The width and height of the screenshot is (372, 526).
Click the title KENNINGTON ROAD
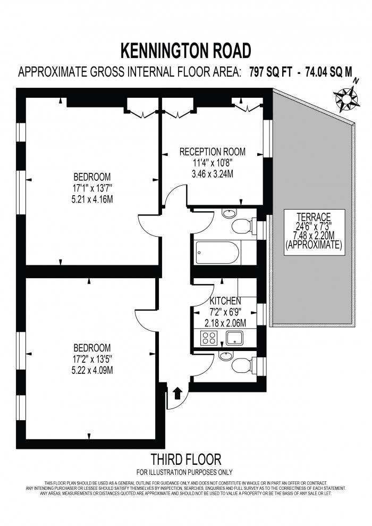tap(185, 51)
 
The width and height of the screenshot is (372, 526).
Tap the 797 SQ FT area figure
tap(272, 73)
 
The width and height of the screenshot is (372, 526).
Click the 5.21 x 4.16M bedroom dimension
tap(92, 199)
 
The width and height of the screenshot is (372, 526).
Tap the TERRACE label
tap(314, 216)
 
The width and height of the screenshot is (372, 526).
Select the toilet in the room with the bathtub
tap(242, 226)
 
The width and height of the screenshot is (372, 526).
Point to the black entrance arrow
tap(177, 394)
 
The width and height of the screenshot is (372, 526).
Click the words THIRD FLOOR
tap(185, 459)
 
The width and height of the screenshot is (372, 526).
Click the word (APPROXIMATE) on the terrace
tap(314, 246)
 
